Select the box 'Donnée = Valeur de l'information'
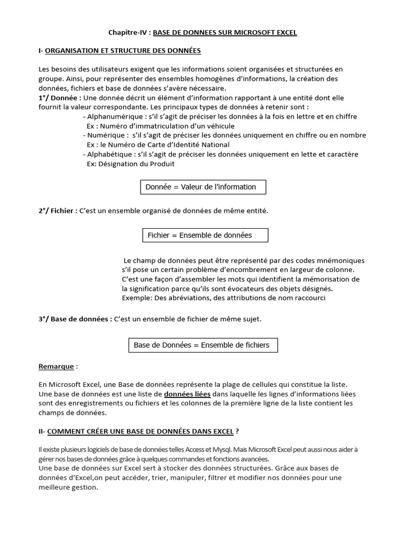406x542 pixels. point(203,187)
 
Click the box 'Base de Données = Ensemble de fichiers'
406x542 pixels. point(203,345)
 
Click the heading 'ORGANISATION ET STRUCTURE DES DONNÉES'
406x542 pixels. point(123,51)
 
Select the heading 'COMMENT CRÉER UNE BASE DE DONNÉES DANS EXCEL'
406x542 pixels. point(140,431)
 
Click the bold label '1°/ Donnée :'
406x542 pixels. point(60,98)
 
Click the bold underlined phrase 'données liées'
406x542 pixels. point(187,394)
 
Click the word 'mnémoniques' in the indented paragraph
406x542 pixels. point(340,260)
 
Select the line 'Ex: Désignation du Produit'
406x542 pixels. point(130,164)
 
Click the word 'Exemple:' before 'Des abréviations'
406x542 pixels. point(136,298)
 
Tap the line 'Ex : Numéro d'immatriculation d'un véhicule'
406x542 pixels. point(160,126)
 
